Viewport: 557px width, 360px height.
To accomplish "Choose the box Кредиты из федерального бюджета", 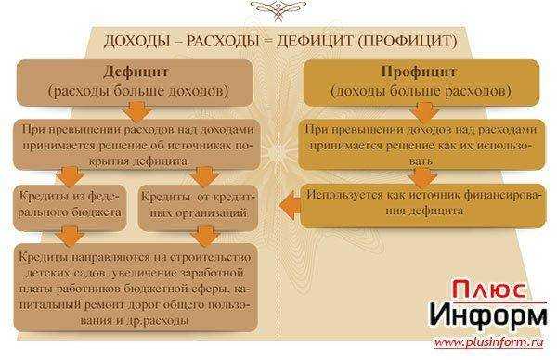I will click(x=70, y=206).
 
